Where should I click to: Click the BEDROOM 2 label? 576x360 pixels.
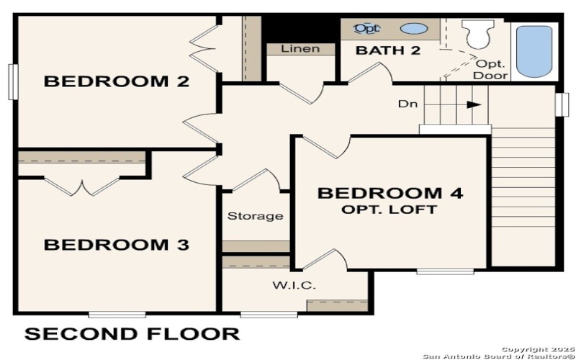[x=117, y=81]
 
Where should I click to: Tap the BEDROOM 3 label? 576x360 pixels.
[x=117, y=246]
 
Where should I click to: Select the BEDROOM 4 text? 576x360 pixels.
[x=390, y=193]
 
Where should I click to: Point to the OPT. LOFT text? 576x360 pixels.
[x=390, y=210]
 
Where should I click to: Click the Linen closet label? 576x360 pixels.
[x=300, y=49]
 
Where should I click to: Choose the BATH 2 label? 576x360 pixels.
[x=388, y=50]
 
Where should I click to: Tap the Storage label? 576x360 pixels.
[x=255, y=216]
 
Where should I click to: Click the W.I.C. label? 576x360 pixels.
[x=294, y=285]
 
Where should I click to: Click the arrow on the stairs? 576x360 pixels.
[x=472, y=104]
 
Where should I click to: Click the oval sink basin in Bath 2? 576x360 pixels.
[x=412, y=30]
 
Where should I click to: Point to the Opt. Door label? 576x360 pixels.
[x=492, y=70]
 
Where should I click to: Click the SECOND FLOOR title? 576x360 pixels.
[x=132, y=334]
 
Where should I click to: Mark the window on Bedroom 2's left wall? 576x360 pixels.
[x=12, y=81]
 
